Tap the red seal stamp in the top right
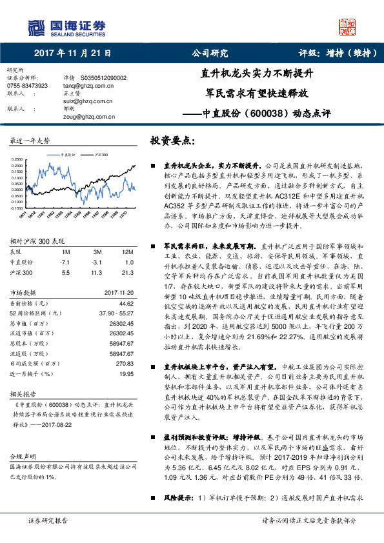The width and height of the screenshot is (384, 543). coord(347,26)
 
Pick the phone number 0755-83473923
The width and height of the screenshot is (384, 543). coord(27,85)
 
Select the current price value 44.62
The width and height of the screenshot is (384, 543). coord(126,303)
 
